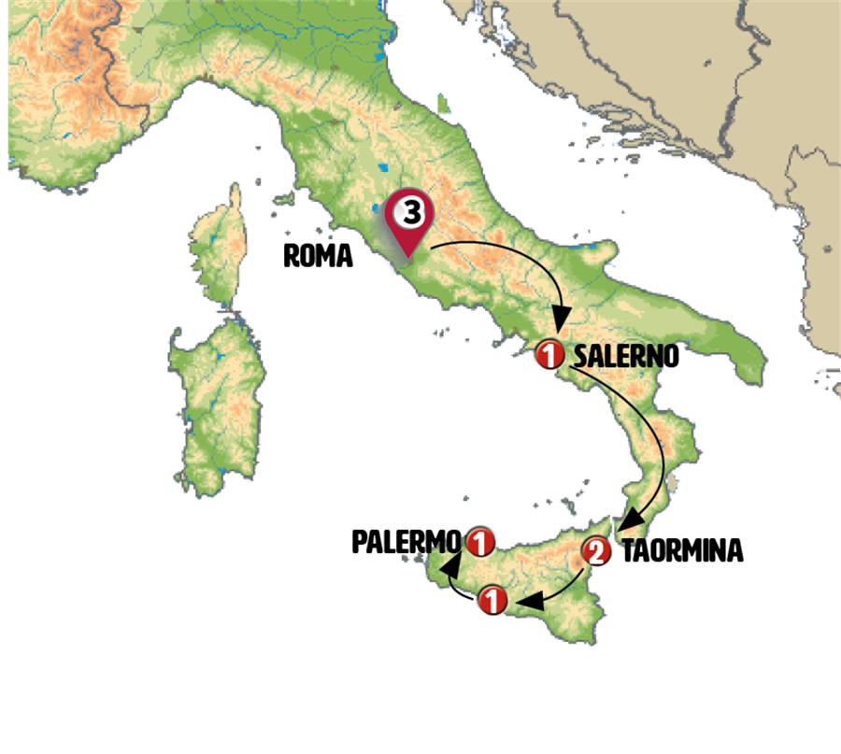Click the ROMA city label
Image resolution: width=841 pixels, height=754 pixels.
click(318, 257)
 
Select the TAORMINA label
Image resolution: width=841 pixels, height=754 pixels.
click(681, 551)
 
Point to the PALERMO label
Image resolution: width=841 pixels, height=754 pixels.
click(406, 542)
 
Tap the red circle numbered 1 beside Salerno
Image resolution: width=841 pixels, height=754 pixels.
click(549, 355)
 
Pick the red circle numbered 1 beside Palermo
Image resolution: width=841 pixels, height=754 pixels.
click(478, 540)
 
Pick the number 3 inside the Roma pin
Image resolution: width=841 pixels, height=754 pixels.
click(411, 211)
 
